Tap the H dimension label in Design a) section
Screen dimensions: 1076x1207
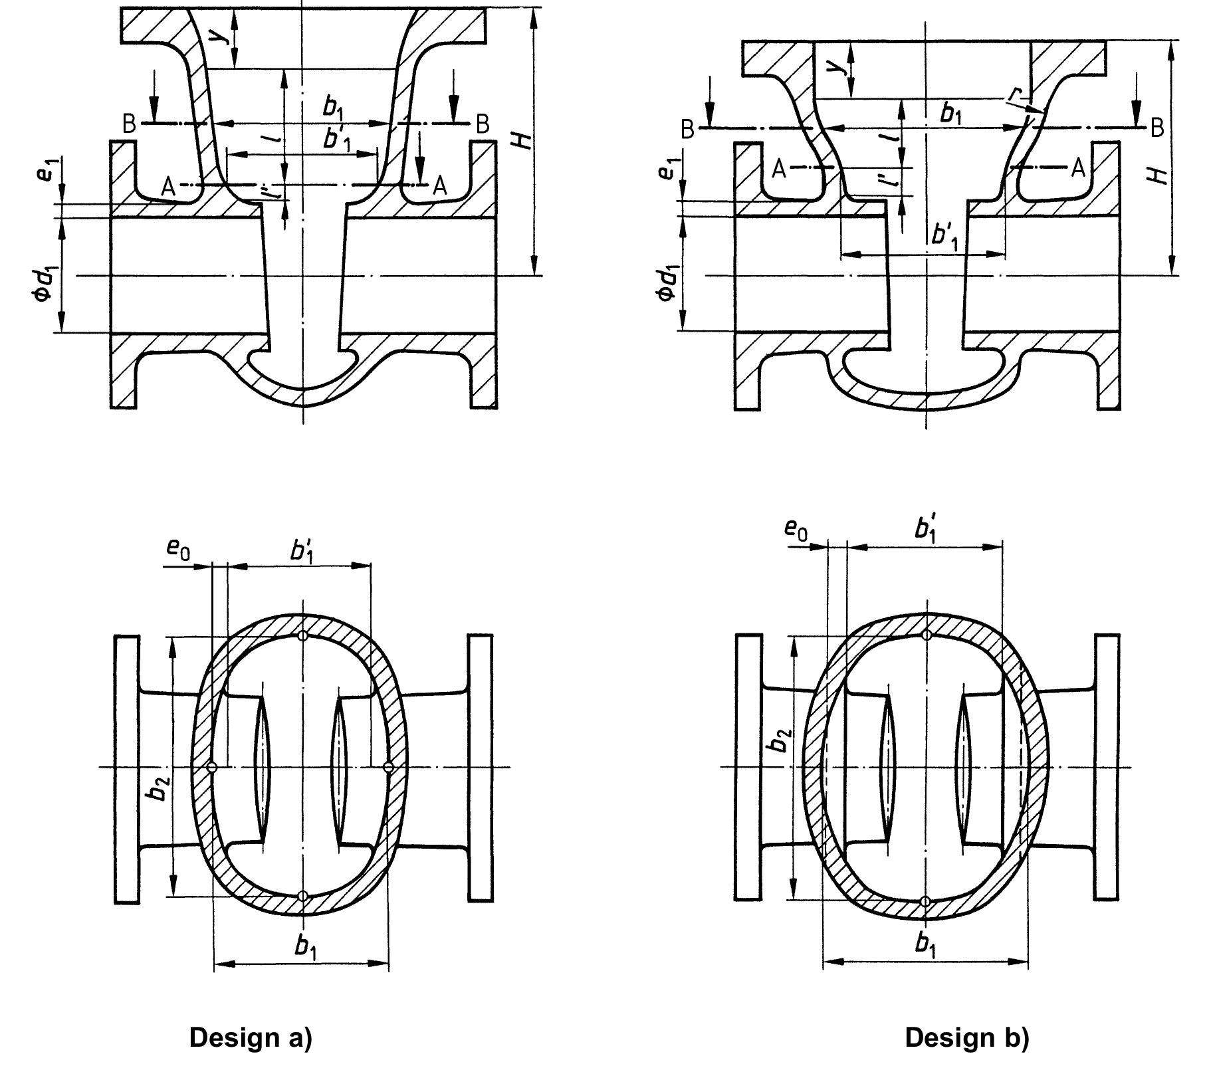tap(524, 140)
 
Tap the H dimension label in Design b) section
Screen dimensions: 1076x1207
tap(1158, 175)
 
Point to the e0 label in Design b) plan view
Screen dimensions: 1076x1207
tap(796, 529)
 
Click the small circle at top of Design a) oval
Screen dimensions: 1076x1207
tap(303, 635)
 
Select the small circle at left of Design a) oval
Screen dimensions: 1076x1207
tap(212, 767)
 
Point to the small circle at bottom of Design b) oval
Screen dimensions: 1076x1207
tap(925, 901)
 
